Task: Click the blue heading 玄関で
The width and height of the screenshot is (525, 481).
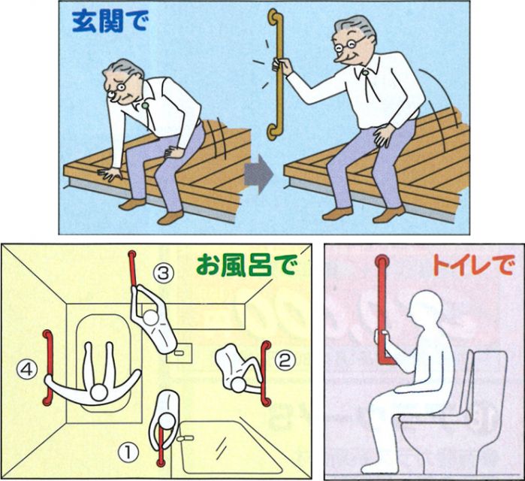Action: coord(110,22)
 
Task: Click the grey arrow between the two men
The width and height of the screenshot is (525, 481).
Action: coord(258,174)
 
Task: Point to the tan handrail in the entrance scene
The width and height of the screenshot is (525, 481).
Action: coord(277,74)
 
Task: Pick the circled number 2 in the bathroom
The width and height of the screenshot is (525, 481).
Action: coord(285,361)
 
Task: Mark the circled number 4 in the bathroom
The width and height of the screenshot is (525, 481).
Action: coord(28,370)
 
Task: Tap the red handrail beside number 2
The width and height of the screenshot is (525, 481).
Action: coord(265,374)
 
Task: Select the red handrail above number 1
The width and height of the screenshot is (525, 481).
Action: coord(161,444)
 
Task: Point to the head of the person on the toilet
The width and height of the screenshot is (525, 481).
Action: coord(425,309)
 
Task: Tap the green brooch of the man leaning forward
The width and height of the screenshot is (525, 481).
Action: coord(145,106)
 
